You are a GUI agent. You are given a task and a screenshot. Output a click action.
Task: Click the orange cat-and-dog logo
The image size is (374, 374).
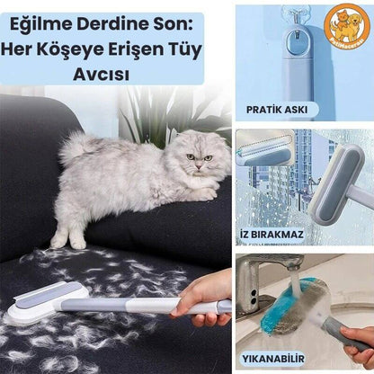tap(348, 26)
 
